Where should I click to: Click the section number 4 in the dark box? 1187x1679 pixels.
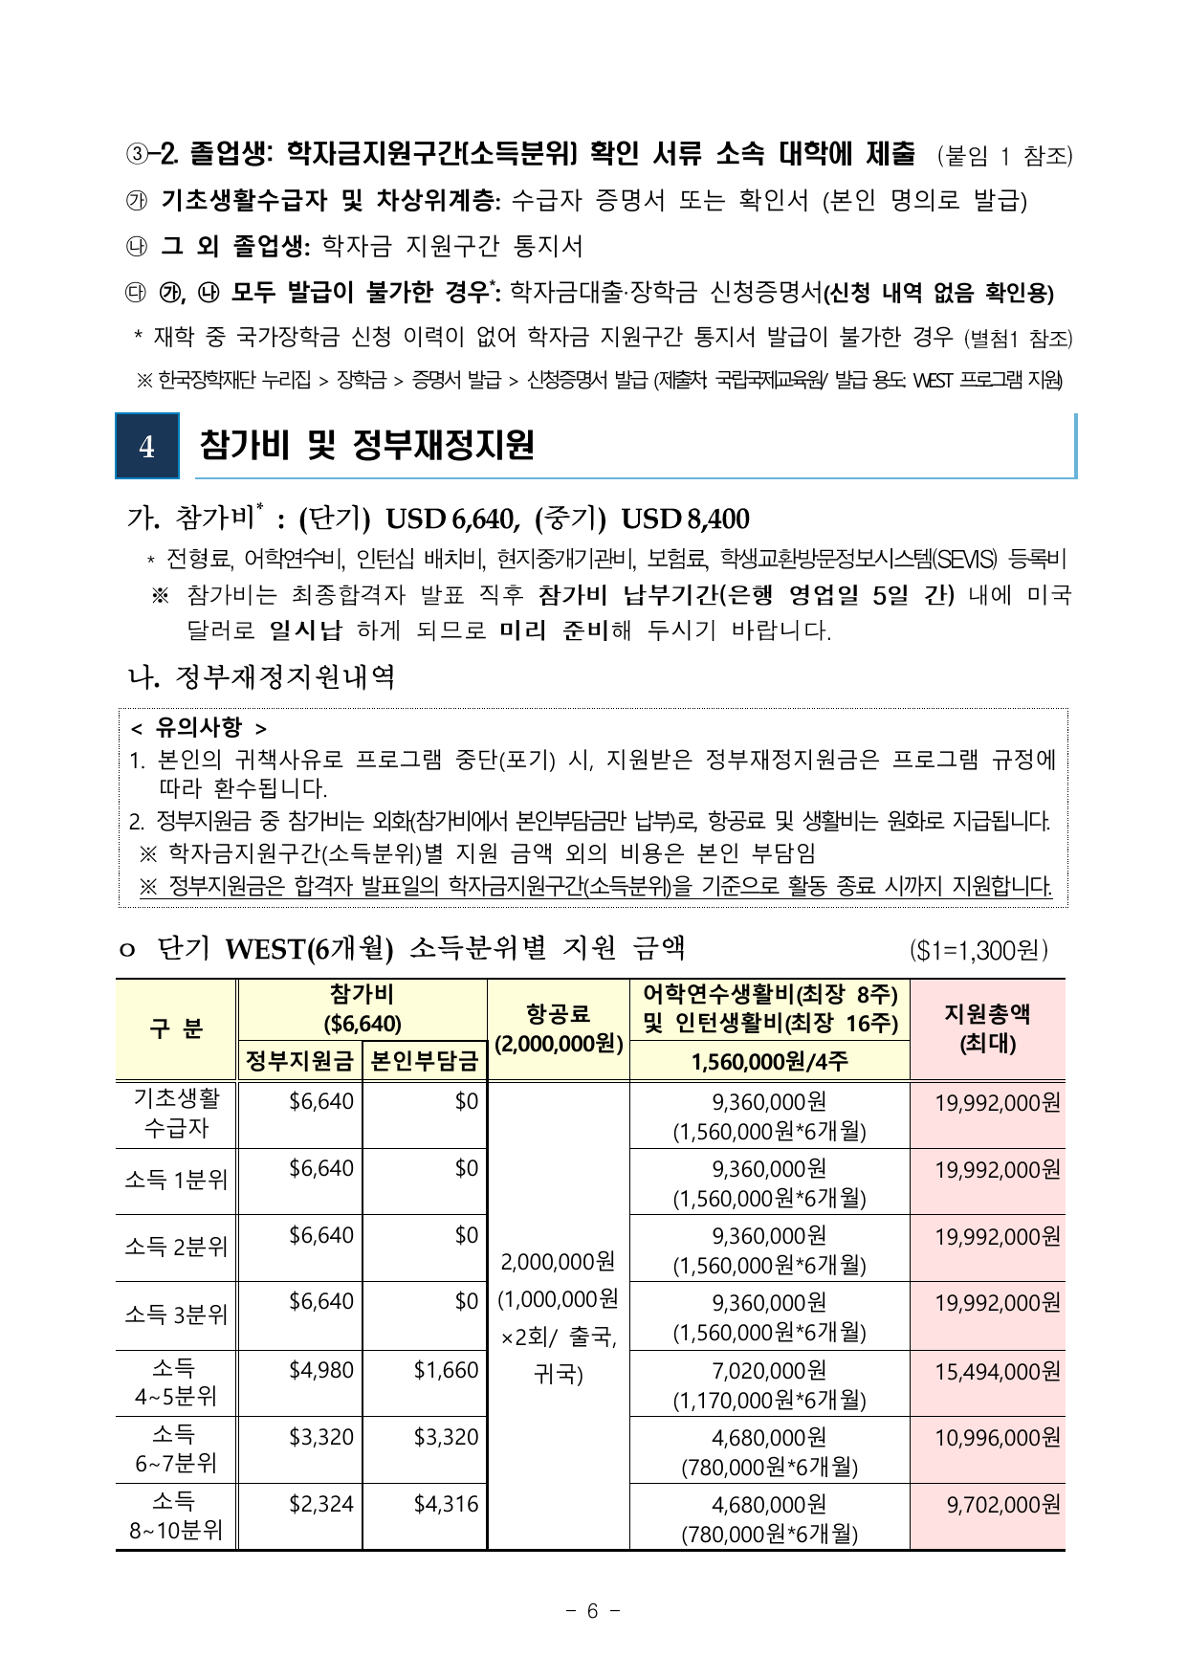[146, 446]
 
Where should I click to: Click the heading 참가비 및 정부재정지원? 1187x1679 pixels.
[366, 446]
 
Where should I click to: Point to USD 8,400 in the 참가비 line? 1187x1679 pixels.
[685, 519]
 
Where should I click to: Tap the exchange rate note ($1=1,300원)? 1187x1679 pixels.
[978, 950]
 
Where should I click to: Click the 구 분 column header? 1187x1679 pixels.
[176, 1028]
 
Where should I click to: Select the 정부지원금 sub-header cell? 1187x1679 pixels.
[299, 1061]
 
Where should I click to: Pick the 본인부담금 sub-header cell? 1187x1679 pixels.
[424, 1061]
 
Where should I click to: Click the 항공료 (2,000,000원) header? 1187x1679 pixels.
[559, 1028]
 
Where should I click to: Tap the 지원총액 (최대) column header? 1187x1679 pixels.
[987, 1028]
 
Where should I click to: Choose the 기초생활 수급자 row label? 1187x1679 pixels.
[176, 1114]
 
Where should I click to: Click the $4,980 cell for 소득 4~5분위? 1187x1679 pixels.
[321, 1370]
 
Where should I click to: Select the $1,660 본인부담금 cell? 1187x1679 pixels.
[446, 1370]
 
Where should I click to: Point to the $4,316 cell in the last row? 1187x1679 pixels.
[446, 1504]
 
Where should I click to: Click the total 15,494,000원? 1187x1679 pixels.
[997, 1372]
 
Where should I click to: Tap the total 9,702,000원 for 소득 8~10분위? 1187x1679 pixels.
[1003, 1505]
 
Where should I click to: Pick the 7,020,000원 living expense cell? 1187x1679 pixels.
[769, 1371]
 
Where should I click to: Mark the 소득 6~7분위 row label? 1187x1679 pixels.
[176, 1448]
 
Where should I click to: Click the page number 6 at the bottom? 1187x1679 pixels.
[592, 1611]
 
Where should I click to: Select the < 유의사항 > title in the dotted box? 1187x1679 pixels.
[199, 728]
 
